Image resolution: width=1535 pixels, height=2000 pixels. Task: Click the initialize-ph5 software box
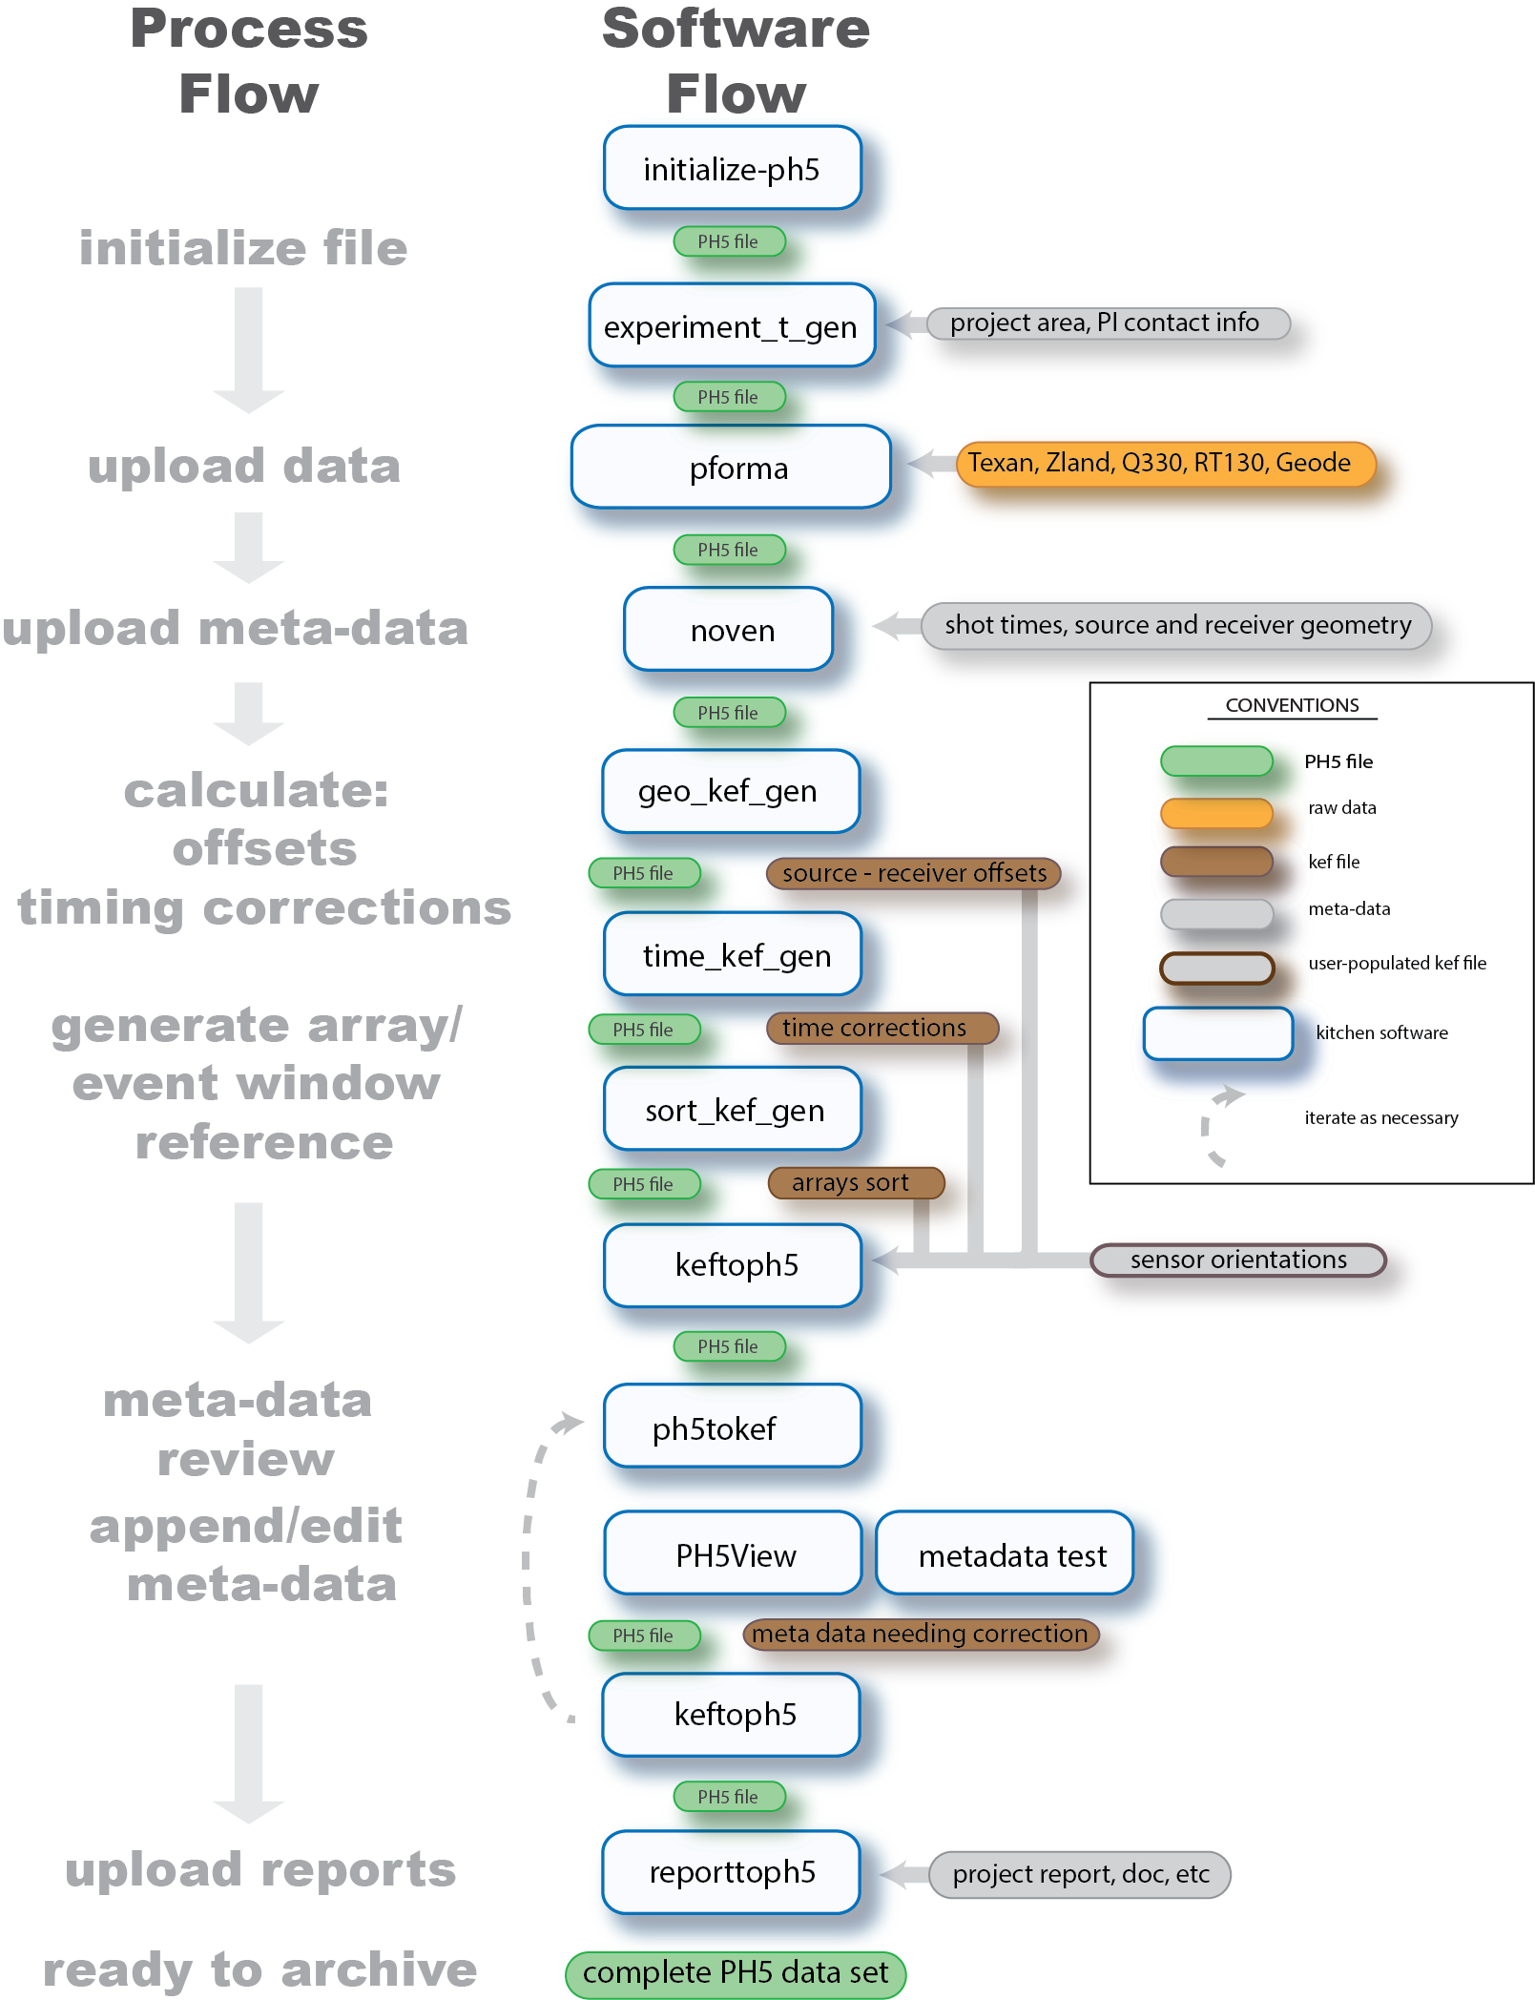click(732, 169)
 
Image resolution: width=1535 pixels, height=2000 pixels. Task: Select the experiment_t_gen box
click(732, 326)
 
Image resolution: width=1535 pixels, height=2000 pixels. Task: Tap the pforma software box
click(731, 468)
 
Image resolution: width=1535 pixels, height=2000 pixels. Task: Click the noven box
click(729, 630)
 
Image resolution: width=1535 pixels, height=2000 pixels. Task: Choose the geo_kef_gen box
click(731, 791)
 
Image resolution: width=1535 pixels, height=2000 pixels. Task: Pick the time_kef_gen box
click(732, 955)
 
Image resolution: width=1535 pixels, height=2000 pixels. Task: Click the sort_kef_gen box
click(732, 1110)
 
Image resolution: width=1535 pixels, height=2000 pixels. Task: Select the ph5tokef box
click(732, 1427)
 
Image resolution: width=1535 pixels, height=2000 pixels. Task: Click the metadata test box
click(1005, 1554)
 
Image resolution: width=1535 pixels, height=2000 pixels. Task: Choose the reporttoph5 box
click(731, 1872)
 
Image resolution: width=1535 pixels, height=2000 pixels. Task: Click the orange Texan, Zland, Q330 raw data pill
click(1165, 464)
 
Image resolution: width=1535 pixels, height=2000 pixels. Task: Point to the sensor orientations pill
click(1237, 1260)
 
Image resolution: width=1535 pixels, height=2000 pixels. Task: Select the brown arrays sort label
click(855, 1183)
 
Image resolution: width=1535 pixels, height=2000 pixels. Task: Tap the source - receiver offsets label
click(913, 873)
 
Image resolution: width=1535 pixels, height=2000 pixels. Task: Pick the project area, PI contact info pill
click(1108, 323)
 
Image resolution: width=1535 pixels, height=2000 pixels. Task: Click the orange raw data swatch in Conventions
click(1216, 812)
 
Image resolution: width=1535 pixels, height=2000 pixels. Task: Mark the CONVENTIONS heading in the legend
click(1292, 705)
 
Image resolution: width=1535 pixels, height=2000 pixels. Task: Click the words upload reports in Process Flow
click(260, 1868)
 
